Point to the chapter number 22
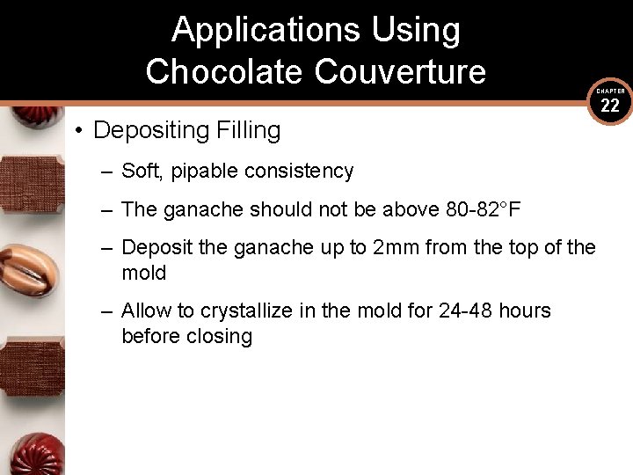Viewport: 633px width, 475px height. [x=610, y=106]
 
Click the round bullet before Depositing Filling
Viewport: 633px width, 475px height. [x=78, y=131]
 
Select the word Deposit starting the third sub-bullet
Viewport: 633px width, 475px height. [x=156, y=248]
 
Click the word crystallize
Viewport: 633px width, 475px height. [x=251, y=311]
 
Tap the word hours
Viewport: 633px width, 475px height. [x=525, y=311]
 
